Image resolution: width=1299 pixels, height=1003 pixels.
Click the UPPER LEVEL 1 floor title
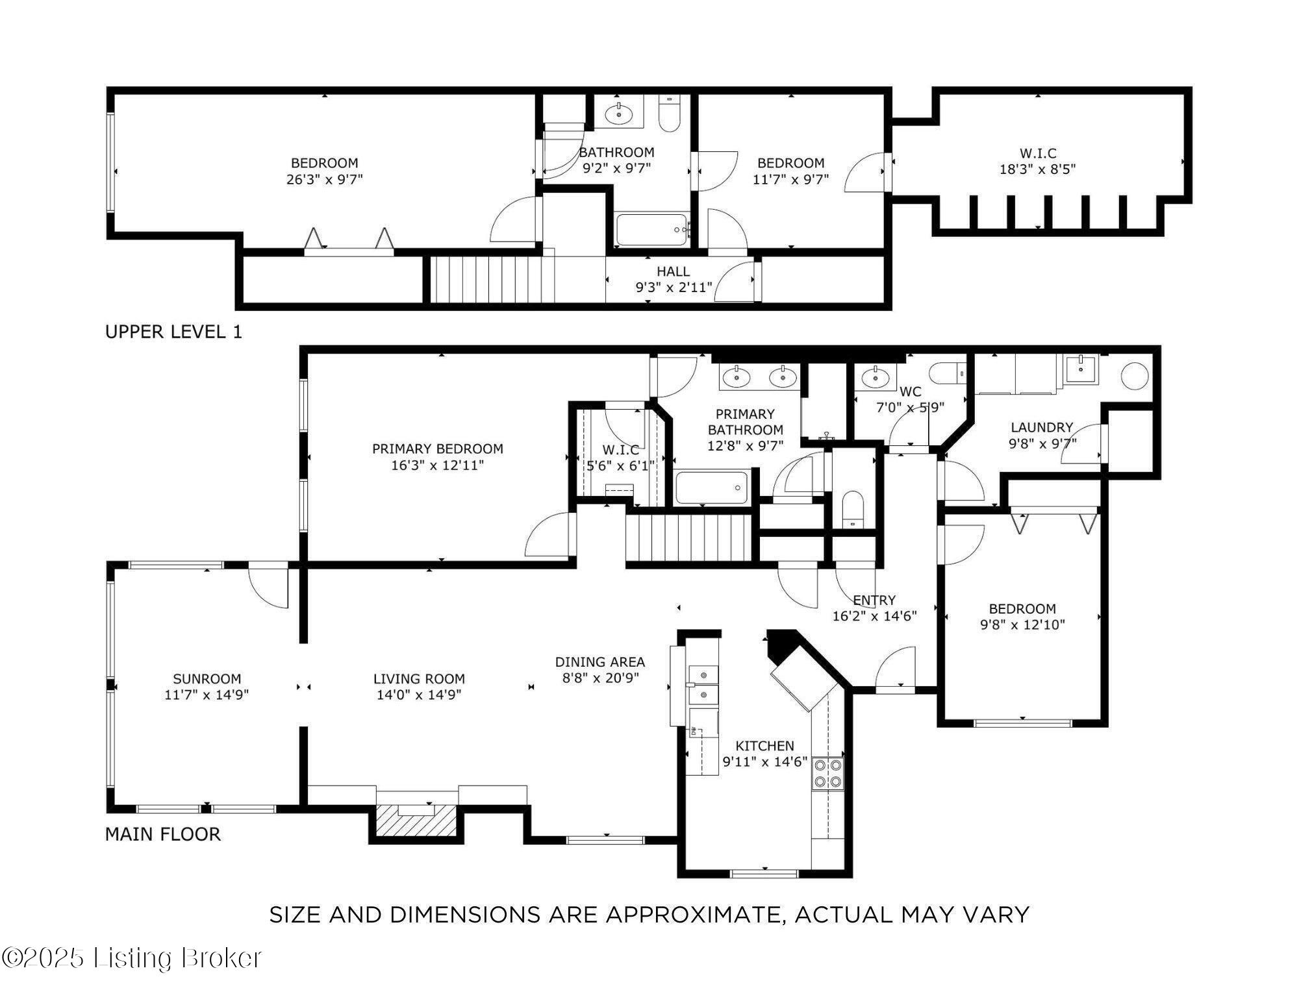173,332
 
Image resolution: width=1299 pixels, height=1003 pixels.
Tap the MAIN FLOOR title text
163,834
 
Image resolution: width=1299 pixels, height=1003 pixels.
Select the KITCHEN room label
764,746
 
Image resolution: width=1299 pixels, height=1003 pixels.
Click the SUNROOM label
207,679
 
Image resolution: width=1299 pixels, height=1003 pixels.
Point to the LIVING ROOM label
419,679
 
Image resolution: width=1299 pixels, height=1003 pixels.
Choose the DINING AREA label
599,662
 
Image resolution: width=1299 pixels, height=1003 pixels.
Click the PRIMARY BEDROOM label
438,449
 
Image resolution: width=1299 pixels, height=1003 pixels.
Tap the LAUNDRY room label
1042,427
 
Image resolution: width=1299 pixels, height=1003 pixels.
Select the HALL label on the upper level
673,271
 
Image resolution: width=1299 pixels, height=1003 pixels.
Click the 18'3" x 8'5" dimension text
1038,169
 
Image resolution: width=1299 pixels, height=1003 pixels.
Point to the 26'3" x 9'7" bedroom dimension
325,179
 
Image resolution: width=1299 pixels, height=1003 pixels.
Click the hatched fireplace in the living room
416,821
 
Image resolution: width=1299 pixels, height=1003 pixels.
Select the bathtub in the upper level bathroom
651,230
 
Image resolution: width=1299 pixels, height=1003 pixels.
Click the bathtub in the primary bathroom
712,488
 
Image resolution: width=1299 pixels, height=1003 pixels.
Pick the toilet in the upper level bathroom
669,114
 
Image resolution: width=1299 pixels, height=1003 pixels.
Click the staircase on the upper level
493,279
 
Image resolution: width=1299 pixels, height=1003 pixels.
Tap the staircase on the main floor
690,538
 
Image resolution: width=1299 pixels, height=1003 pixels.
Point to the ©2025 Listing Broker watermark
131,958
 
